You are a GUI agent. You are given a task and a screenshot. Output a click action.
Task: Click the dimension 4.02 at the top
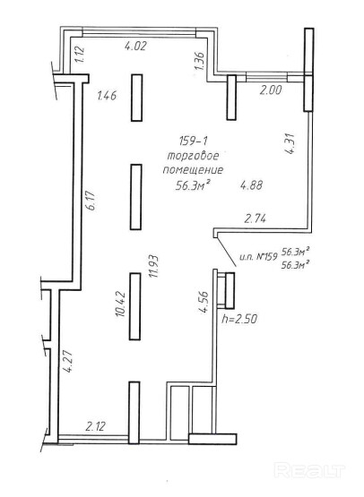click(135, 47)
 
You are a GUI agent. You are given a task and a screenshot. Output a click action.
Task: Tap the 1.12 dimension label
click(80, 55)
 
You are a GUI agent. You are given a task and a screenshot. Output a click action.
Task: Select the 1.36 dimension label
click(200, 61)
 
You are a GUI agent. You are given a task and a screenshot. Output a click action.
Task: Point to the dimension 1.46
click(107, 96)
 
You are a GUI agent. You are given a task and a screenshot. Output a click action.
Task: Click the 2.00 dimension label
click(271, 90)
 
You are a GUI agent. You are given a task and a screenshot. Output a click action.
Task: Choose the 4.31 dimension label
click(290, 144)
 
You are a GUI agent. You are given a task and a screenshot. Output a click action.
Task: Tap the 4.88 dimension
click(251, 184)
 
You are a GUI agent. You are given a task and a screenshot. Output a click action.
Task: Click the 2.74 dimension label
click(256, 219)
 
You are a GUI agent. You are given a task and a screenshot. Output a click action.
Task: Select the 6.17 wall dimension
click(91, 201)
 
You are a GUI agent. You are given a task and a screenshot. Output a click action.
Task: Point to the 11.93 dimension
click(154, 266)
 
